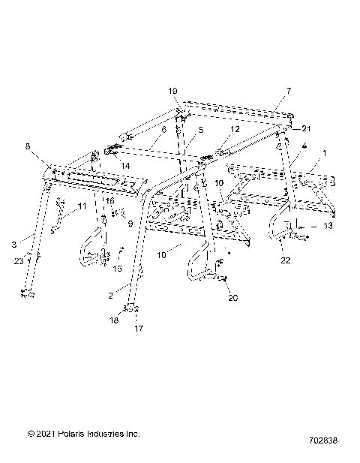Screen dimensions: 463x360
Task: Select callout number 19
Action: coord(173,91)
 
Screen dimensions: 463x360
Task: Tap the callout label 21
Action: coord(306,128)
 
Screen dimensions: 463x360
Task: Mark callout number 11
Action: coord(82,206)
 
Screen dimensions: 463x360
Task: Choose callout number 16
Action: coord(109,201)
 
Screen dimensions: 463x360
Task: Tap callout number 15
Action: coord(117,268)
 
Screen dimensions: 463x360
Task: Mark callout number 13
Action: coord(327,224)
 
